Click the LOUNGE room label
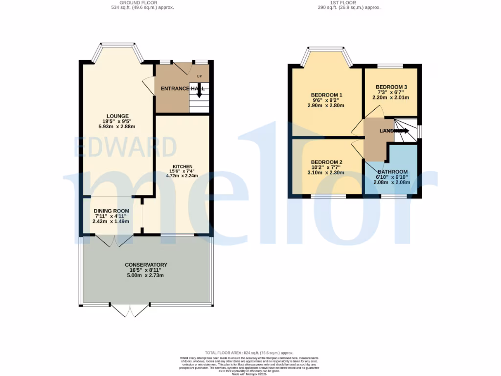pyautogui.click(x=116, y=116)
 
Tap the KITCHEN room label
pyautogui.click(x=182, y=166)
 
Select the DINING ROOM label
pyautogui.click(x=112, y=211)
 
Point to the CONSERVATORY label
pyautogui.click(x=146, y=265)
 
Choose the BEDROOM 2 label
pyautogui.click(x=326, y=163)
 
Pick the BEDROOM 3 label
pyautogui.click(x=391, y=87)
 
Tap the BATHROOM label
pyautogui.click(x=392, y=172)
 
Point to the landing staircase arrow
pyautogui.click(x=403, y=131)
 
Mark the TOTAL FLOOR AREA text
pyautogui.click(x=249, y=352)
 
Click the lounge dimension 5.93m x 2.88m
pyautogui.click(x=116, y=126)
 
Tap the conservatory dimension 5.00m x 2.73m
pyautogui.click(x=146, y=275)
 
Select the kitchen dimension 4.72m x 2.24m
pyautogui.click(x=182, y=175)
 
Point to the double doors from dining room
pyautogui.click(x=114, y=240)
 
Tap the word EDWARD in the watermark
pyautogui.click(x=125, y=147)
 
